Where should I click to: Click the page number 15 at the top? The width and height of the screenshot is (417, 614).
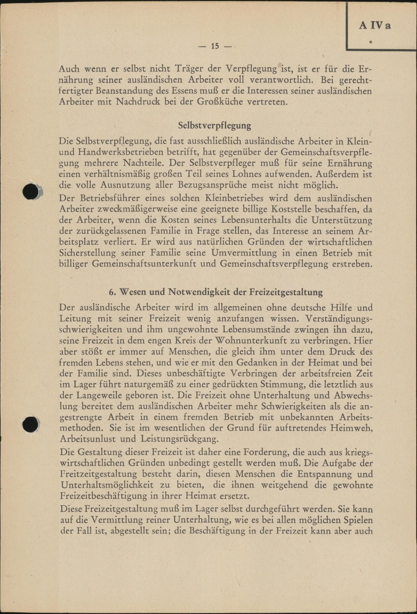click(215, 46)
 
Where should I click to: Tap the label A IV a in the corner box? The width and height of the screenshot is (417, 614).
click(374, 26)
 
